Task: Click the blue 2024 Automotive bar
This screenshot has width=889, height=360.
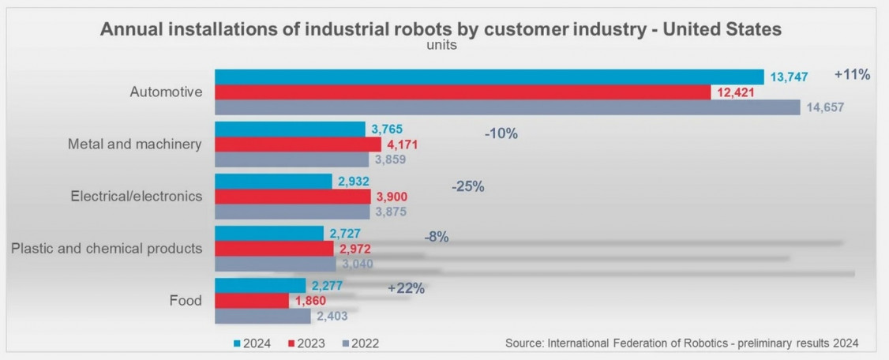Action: pos(490,77)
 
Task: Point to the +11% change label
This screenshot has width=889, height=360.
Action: pos(852,76)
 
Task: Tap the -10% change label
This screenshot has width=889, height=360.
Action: pos(501,134)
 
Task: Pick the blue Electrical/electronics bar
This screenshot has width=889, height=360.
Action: pos(273,182)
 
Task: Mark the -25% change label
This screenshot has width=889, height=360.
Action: pos(467,187)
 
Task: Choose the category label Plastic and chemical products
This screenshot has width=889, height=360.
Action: pos(107,249)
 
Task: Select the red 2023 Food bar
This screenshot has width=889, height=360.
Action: pos(252,301)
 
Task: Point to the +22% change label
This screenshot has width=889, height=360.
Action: pos(407,289)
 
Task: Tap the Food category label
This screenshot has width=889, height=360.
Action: pos(186,301)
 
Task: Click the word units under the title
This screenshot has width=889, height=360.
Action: pos(441,45)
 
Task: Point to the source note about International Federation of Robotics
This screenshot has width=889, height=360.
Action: pos(681,343)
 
